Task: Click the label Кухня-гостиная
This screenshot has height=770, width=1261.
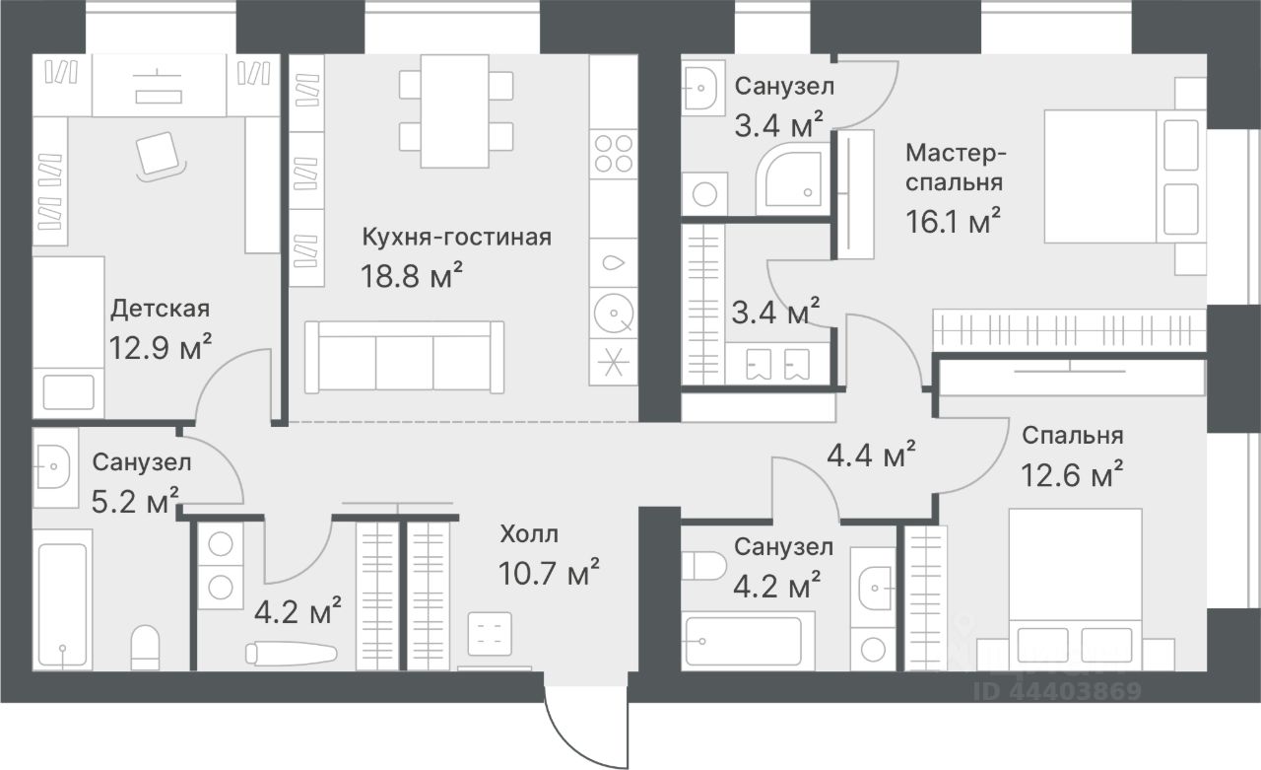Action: pyautogui.click(x=456, y=238)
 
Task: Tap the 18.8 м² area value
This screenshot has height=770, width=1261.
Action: pyautogui.click(x=412, y=275)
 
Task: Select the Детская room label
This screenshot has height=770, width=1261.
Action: pyautogui.click(x=161, y=309)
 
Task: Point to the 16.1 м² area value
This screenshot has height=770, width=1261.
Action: pyautogui.click(x=953, y=221)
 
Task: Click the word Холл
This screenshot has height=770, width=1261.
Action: pyautogui.click(x=529, y=533)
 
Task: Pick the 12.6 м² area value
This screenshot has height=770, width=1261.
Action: pyautogui.click(x=1072, y=474)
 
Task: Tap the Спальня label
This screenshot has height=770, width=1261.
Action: pyautogui.click(x=1073, y=435)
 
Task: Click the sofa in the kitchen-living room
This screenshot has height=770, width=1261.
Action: pyautogui.click(x=404, y=357)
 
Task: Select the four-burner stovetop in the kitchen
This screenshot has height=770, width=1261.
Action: pyautogui.click(x=614, y=154)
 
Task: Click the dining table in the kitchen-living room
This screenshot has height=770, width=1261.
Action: pyautogui.click(x=455, y=111)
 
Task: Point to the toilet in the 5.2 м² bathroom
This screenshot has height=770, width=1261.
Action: pyautogui.click(x=145, y=648)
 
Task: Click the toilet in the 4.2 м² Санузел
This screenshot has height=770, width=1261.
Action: pyautogui.click(x=704, y=566)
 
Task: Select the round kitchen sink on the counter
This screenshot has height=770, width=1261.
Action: pyautogui.click(x=614, y=314)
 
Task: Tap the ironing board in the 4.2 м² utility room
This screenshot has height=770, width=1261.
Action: pyautogui.click(x=292, y=654)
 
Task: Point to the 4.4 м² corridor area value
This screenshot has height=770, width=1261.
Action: pyautogui.click(x=871, y=455)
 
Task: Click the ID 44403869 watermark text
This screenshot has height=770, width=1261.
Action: pyautogui.click(x=1057, y=690)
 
